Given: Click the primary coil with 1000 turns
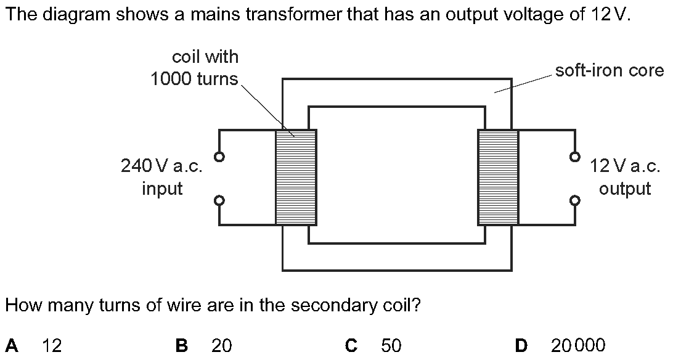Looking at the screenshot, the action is click(296, 177).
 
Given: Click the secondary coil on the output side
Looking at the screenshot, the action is click(499, 177).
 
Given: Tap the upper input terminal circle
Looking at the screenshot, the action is click(219, 157).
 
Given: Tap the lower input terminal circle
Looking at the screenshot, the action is click(219, 200).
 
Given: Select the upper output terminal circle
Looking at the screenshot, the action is click(575, 157).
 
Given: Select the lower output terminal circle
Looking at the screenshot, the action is click(575, 200).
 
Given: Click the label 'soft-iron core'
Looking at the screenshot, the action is click(610, 70).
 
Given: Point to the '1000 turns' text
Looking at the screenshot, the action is click(194, 79).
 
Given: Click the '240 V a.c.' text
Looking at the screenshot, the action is click(161, 166).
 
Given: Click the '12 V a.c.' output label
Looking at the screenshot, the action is click(625, 166).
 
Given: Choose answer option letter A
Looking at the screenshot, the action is click(12, 345).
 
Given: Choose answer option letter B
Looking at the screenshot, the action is click(182, 345).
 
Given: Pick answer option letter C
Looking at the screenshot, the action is click(351, 345).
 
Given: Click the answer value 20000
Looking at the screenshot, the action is click(578, 345).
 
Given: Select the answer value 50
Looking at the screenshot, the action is click(391, 345).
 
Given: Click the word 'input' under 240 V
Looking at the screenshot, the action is click(162, 189).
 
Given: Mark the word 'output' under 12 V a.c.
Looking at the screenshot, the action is click(625, 189).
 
